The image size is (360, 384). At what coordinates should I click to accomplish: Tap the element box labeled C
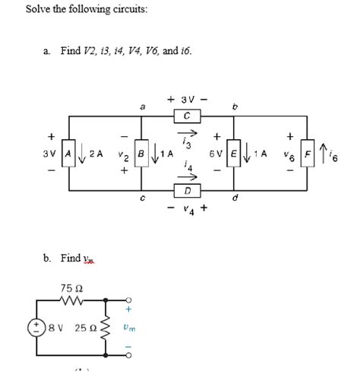pos(187,116)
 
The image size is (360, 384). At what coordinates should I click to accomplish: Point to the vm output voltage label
pos(132,328)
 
